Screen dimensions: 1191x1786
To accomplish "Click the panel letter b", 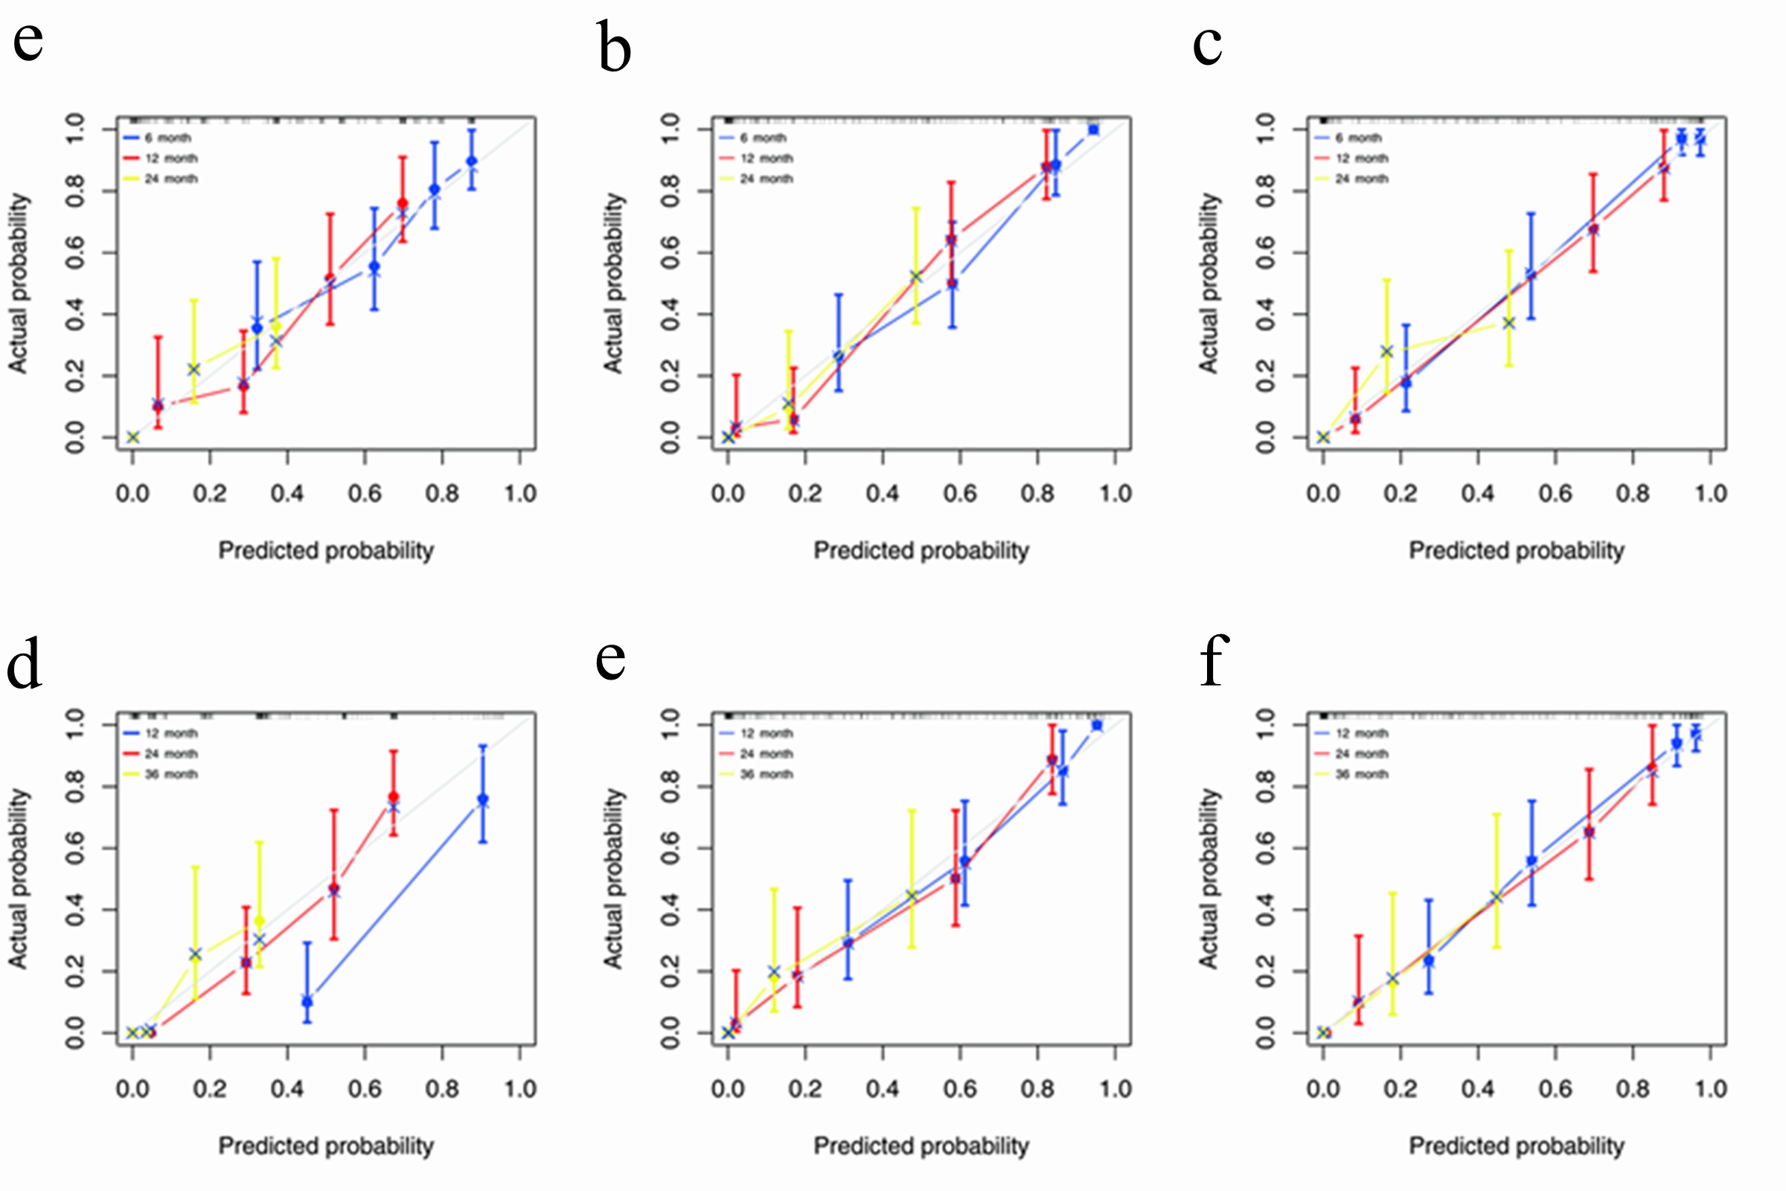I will (x=613, y=47).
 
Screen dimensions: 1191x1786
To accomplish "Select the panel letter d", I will (x=25, y=664).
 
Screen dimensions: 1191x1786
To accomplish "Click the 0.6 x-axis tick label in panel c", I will (x=1555, y=494).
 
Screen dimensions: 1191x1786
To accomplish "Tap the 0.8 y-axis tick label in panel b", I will (x=670, y=190).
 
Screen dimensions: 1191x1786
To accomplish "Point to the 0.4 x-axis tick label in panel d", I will (x=287, y=1089).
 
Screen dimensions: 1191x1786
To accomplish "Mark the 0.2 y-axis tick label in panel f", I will (x=1265, y=971).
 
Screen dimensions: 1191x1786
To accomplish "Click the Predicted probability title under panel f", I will (x=1517, y=1146).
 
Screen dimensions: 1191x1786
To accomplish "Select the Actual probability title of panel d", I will (x=18, y=878).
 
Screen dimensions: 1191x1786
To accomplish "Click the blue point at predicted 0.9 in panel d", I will (x=483, y=799).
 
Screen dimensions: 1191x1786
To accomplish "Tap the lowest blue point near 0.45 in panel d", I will (x=307, y=1002).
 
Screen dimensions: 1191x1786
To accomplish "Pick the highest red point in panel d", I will (x=394, y=796).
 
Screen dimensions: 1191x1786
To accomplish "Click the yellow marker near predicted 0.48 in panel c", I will (x=1509, y=324).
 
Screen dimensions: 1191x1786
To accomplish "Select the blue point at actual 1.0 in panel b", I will (x=1093, y=130).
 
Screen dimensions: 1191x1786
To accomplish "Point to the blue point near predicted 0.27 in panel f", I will (x=1428, y=961).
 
